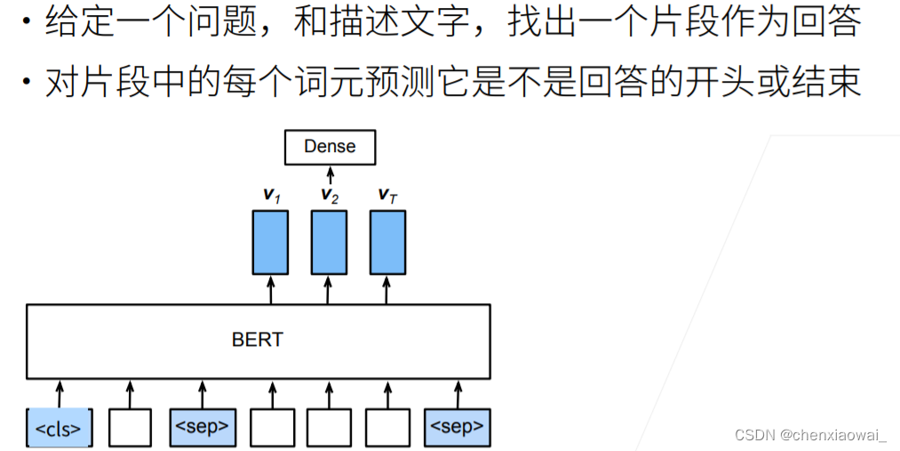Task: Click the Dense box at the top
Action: tap(330, 147)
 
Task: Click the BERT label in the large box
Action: tap(258, 340)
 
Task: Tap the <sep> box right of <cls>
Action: tap(201, 427)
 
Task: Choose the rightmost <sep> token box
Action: tap(457, 427)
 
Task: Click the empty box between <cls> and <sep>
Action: tap(130, 428)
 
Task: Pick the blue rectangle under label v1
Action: tap(270, 242)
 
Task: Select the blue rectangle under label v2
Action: tap(329, 242)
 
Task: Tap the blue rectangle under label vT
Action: tap(386, 242)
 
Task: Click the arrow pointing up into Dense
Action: tap(331, 173)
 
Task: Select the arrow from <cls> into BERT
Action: tap(60, 391)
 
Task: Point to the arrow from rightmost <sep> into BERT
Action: tap(458, 392)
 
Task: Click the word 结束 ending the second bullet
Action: tap(826, 83)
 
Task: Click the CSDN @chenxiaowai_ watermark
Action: tap(810, 434)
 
